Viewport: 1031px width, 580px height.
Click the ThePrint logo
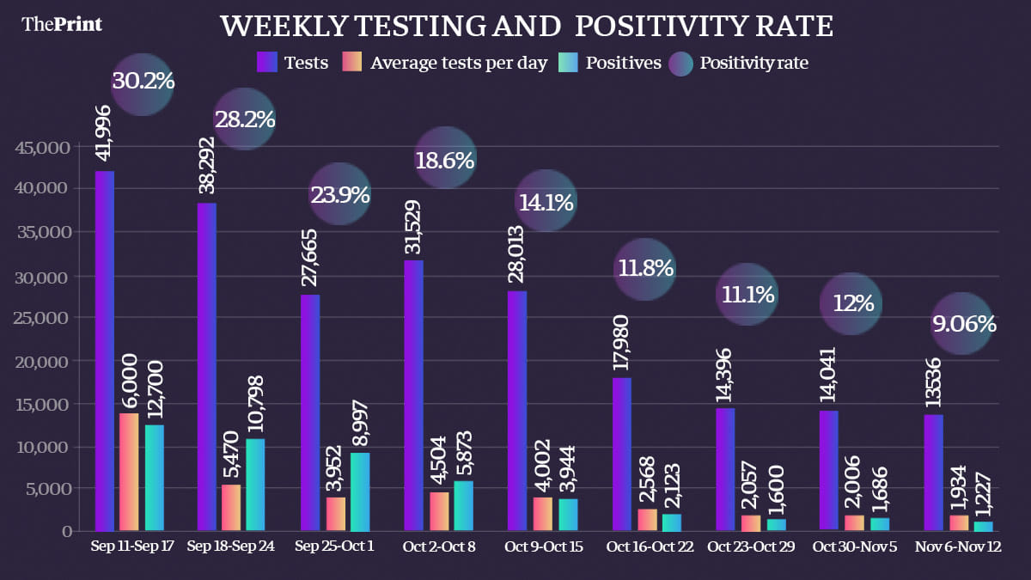(62, 24)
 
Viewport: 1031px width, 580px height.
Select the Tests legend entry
(293, 63)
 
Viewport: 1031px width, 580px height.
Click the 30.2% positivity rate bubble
(143, 82)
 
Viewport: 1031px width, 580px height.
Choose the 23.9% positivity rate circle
(339, 195)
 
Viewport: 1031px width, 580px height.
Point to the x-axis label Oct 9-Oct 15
(543, 546)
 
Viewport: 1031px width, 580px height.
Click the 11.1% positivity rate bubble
(746, 296)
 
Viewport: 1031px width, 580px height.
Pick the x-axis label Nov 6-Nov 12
(958, 546)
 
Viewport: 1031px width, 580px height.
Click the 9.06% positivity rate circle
(963, 325)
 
